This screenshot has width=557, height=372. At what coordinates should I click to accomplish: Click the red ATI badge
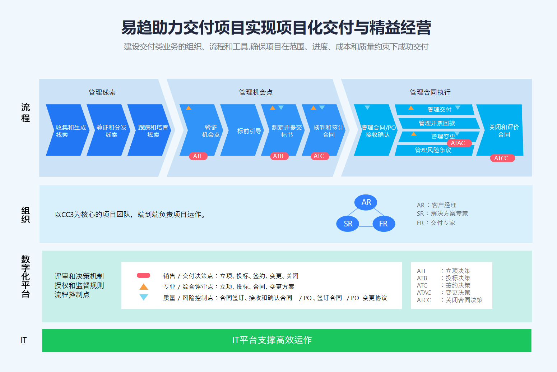pyautogui.click(x=198, y=156)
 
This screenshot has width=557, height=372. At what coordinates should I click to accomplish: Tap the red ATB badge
pyautogui.click(x=279, y=156)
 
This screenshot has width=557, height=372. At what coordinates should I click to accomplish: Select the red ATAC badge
pyautogui.click(x=459, y=143)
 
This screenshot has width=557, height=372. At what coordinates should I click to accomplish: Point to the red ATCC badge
pyautogui.click(x=502, y=158)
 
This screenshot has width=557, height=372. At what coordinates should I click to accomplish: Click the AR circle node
pyautogui.click(x=366, y=202)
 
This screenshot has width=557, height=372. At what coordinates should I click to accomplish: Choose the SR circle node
pyautogui.click(x=348, y=224)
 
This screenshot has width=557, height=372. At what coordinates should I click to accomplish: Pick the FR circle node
pyautogui.click(x=384, y=224)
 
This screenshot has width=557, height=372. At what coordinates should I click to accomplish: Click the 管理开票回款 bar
pyautogui.click(x=437, y=123)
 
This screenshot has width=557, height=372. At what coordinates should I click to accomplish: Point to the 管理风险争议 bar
pyautogui.click(x=433, y=150)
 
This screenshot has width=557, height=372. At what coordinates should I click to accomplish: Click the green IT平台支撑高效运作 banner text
pyautogui.click(x=272, y=340)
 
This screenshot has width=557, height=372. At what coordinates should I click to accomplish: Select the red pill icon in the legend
pyautogui.click(x=143, y=276)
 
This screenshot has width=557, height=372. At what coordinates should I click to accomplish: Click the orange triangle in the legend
pyautogui.click(x=144, y=287)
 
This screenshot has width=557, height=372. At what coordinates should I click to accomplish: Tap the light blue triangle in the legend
pyautogui.click(x=144, y=297)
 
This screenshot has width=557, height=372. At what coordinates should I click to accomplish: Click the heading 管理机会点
pyautogui.click(x=256, y=92)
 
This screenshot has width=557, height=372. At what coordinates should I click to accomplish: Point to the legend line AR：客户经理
pyautogui.click(x=436, y=205)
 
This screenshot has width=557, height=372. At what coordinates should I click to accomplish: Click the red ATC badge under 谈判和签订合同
pyautogui.click(x=319, y=156)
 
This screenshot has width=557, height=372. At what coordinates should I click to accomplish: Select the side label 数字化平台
pyautogui.click(x=25, y=276)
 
